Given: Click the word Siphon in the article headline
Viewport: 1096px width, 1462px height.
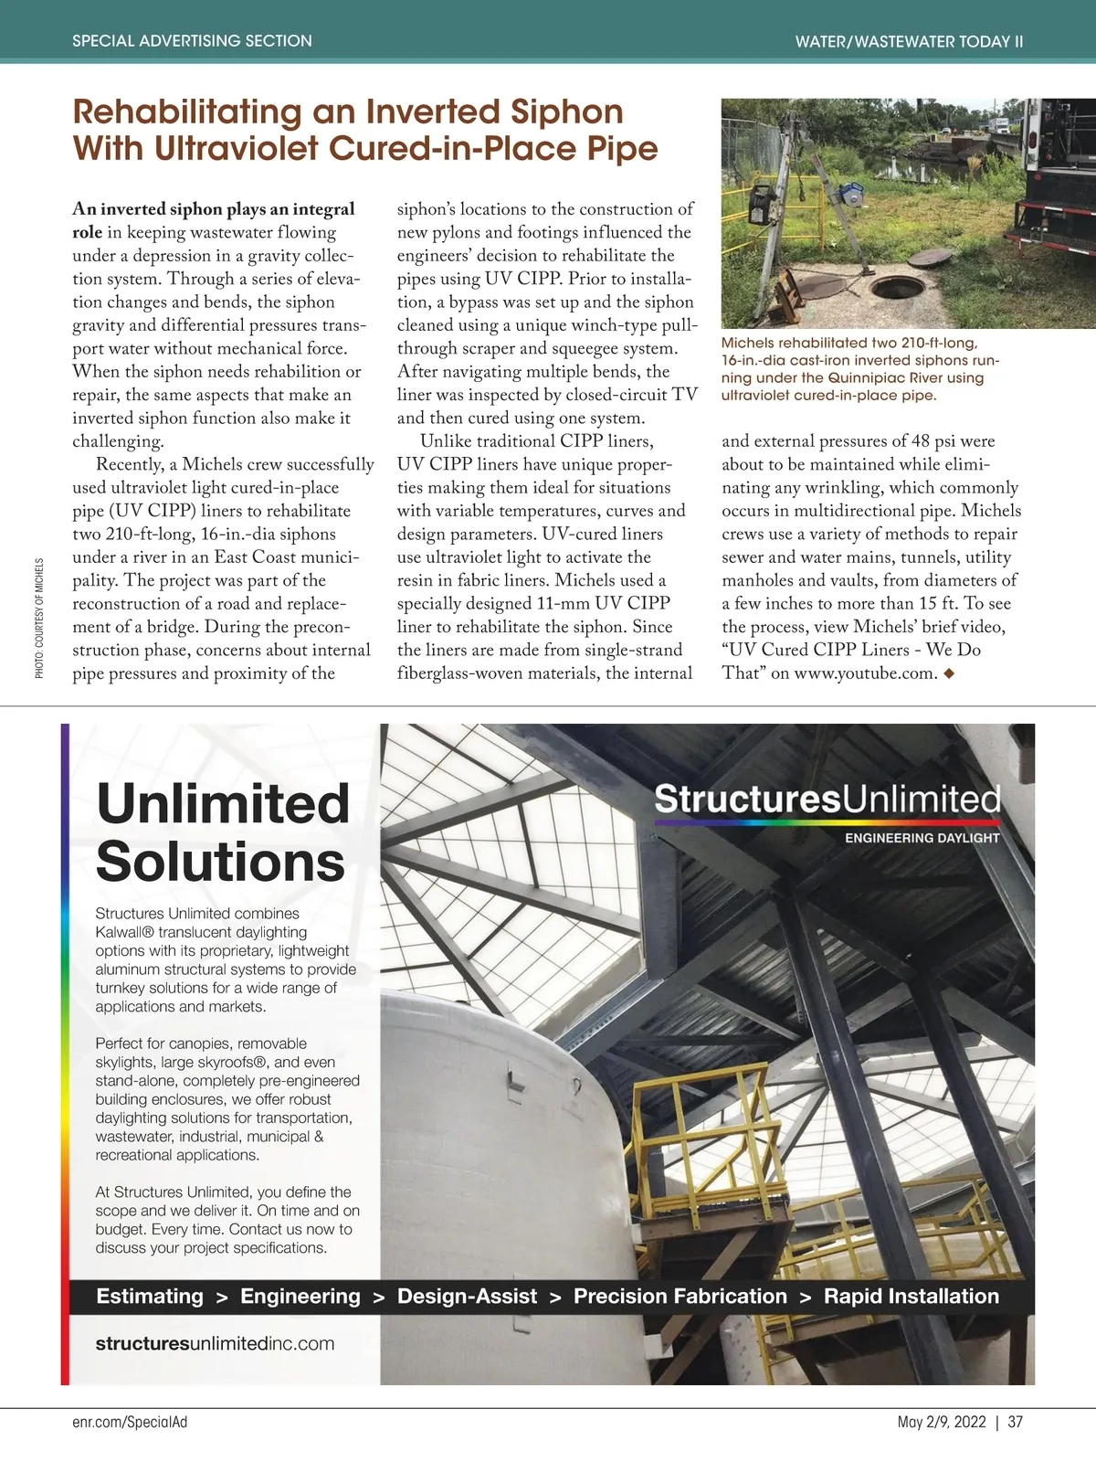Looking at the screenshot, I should (566, 112).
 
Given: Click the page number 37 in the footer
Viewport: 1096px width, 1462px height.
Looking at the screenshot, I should (1016, 1422).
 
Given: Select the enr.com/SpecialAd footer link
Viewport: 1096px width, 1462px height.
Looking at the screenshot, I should (129, 1422).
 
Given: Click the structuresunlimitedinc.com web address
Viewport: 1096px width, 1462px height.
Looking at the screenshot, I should (215, 1343).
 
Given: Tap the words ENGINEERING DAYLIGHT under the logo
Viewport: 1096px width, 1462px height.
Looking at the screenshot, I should (922, 838).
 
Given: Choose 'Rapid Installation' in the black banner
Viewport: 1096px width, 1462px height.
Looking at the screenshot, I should (911, 1296).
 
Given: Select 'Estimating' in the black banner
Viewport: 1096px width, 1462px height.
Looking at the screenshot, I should (150, 1296).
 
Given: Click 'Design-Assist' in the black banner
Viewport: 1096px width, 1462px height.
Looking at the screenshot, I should (467, 1296).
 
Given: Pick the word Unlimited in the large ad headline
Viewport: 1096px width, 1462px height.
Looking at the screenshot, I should (223, 804).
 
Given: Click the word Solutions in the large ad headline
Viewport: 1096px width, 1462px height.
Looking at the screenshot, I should (220, 862).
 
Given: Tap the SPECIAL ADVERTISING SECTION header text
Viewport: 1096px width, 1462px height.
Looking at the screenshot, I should (192, 41).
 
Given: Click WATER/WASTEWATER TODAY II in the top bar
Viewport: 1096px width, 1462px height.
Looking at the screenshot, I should (909, 42).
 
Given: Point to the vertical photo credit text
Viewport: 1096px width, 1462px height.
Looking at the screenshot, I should (39, 618).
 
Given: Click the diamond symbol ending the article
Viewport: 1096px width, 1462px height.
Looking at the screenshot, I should (949, 674).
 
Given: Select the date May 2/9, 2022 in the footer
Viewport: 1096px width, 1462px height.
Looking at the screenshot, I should (942, 1422).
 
